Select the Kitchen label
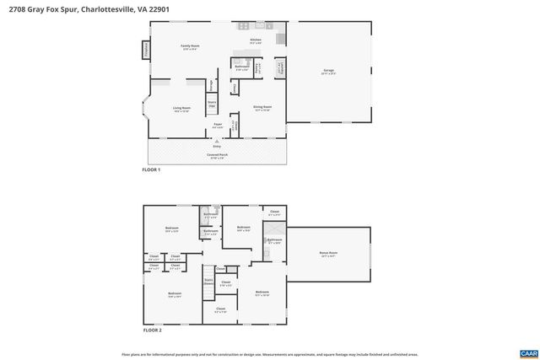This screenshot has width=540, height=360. pyautogui.click(x=256, y=40)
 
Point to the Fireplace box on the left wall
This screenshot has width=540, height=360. pyautogui.click(x=145, y=50)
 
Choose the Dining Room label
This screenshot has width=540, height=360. pyautogui.click(x=262, y=108)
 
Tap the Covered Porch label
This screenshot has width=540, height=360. pyautogui.click(x=216, y=157)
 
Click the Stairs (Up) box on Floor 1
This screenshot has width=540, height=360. pyautogui.click(x=201, y=105)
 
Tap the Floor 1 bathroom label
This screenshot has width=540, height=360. pyautogui.click(x=240, y=67)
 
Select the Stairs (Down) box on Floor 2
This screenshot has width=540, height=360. pyautogui.click(x=208, y=282)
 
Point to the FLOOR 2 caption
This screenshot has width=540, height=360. pyautogui.click(x=152, y=330)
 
